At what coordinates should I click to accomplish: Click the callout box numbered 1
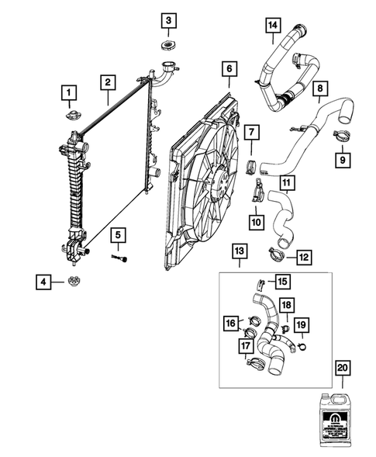click(69, 95)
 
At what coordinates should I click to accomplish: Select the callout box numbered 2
click(107, 81)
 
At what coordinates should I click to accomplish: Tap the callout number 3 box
click(169, 19)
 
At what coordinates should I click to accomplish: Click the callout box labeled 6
click(230, 70)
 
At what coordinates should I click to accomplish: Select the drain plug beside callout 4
click(76, 280)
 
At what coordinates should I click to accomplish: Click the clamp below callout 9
click(340, 138)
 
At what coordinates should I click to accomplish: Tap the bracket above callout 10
click(257, 192)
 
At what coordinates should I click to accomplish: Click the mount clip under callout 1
click(69, 117)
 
